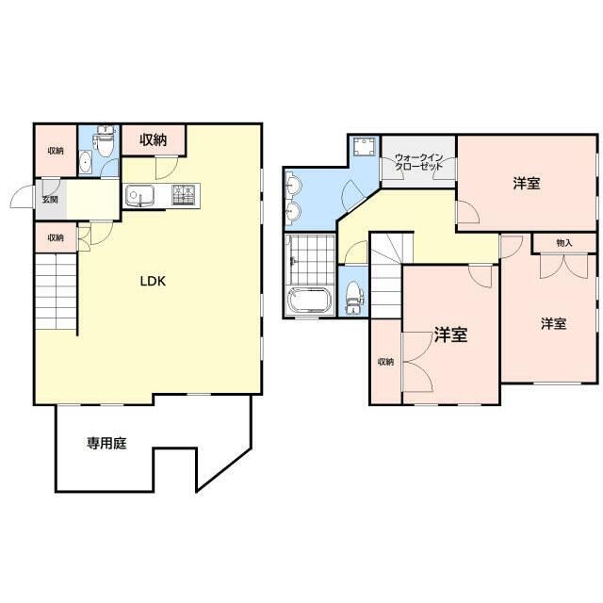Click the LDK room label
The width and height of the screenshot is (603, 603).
point(153,281)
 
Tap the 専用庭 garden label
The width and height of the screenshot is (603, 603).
point(106,444)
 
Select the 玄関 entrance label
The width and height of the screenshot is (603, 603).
point(50,200)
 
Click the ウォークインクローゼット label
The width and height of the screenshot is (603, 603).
point(418,162)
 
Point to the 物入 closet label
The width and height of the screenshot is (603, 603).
point(564,243)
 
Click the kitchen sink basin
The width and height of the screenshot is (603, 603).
point(139,195)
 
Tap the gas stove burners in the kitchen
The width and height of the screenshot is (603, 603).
point(186,195)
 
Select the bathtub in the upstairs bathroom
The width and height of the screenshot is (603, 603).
point(311,301)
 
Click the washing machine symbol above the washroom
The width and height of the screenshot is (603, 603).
point(364,146)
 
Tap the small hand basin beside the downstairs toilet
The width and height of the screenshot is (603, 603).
point(86,163)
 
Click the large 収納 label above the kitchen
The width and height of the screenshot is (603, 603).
point(153,140)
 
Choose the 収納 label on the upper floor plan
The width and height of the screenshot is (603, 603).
point(385,362)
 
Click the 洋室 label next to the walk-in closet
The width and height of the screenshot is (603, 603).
point(527,183)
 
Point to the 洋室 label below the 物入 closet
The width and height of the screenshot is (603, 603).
point(553,324)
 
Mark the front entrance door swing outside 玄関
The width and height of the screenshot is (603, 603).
point(22,196)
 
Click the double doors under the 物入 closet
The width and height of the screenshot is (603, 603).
point(563,266)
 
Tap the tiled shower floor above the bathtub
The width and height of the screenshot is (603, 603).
point(312,260)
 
